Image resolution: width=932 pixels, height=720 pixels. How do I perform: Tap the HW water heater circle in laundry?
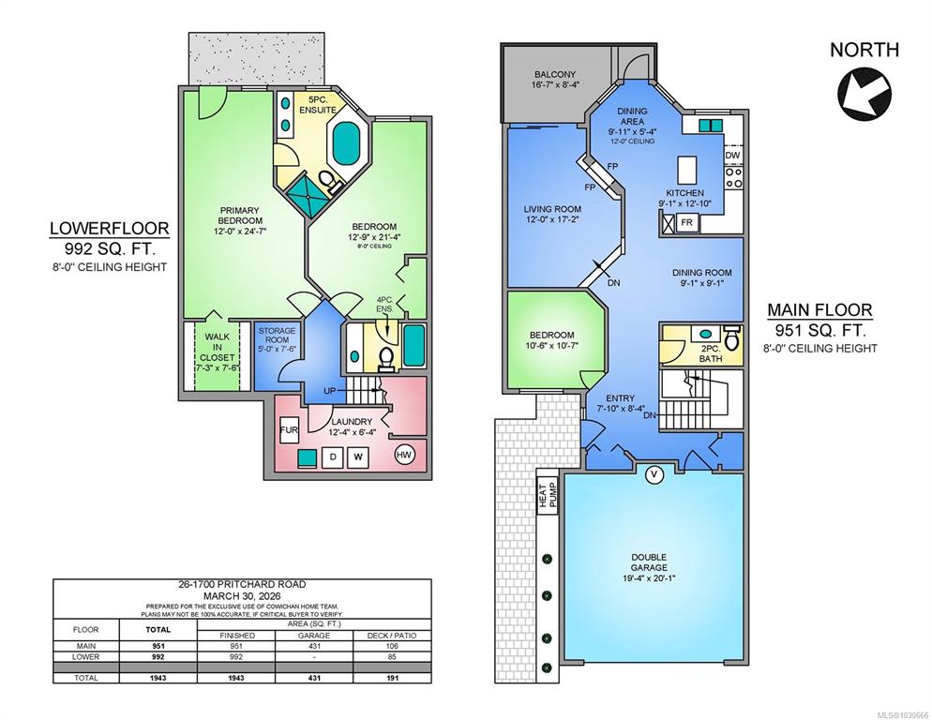[x=404, y=456]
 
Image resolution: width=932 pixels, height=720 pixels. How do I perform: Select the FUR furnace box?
[x=289, y=430]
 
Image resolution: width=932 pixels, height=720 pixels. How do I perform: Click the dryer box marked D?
[x=333, y=457]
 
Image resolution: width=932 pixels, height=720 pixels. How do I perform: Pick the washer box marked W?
[x=358, y=457]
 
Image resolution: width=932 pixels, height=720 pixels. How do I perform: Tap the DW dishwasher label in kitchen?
[x=733, y=156]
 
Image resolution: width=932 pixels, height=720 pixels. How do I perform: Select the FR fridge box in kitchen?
[x=687, y=223]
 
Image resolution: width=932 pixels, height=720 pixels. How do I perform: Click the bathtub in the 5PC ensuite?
[x=347, y=143]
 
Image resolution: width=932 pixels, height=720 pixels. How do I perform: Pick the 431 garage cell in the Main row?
[x=314, y=646]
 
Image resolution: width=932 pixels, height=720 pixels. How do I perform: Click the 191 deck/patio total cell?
[x=392, y=678]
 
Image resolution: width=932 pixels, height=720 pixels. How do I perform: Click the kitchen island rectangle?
[x=686, y=170]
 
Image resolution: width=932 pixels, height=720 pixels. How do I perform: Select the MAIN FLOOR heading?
[x=819, y=309]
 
